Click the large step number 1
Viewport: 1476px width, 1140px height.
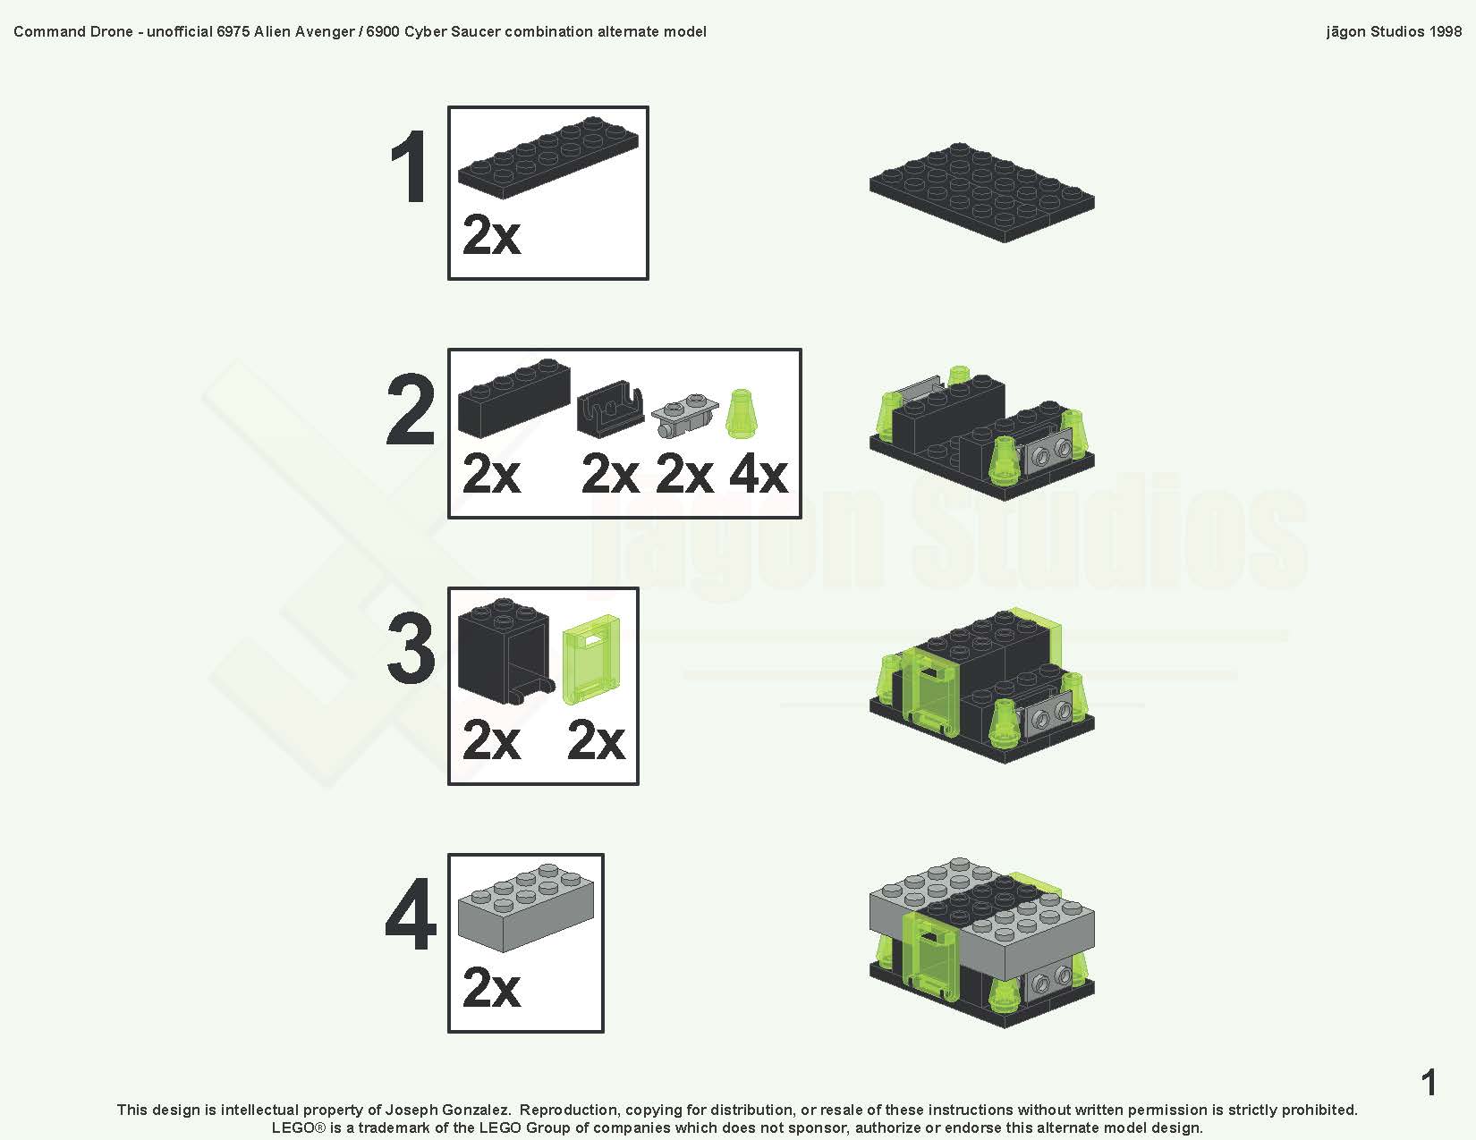tap(410, 168)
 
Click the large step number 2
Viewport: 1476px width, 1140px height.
tap(411, 411)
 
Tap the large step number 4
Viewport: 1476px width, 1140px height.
tap(411, 916)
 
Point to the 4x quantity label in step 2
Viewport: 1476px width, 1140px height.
tap(758, 474)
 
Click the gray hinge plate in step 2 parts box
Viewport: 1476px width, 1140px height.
tap(684, 417)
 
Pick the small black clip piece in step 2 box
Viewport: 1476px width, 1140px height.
tap(610, 412)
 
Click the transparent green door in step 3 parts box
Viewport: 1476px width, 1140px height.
tap(591, 660)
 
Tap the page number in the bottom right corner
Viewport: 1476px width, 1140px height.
tap(1429, 1083)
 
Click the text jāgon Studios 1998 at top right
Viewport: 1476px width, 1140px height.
tap(1394, 31)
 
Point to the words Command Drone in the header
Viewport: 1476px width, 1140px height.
tap(73, 31)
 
